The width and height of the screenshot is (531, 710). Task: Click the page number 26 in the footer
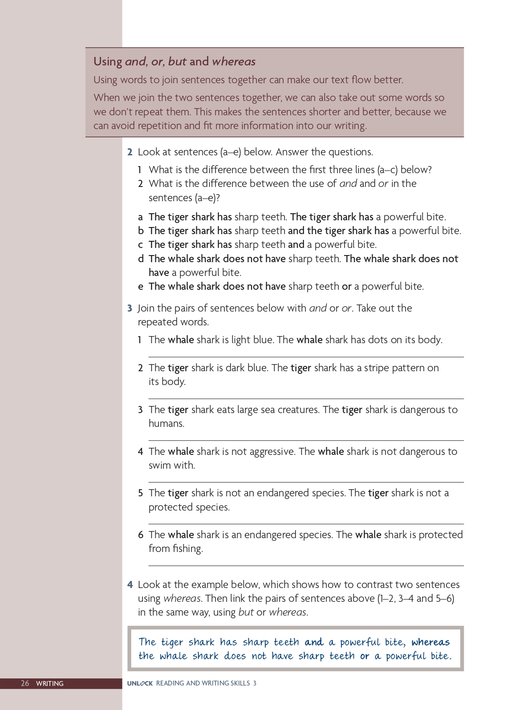point(25,683)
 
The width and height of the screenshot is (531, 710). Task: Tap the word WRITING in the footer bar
point(50,683)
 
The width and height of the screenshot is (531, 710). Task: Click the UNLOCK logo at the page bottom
point(140,683)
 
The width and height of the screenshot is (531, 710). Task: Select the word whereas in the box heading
point(234,61)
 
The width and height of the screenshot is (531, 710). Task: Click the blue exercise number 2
point(130,152)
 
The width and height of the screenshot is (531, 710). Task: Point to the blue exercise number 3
point(130,308)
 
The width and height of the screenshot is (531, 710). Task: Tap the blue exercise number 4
point(130,584)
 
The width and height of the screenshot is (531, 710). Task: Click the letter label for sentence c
point(140,245)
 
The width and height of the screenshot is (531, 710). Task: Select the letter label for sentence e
point(141,287)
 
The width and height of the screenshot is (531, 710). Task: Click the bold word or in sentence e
point(347,287)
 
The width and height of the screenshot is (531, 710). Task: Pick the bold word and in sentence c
point(296,245)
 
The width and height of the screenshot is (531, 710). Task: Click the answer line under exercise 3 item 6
point(306,566)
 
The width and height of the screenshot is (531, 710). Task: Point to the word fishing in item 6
point(188,549)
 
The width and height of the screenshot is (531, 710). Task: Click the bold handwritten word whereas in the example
point(430,642)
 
